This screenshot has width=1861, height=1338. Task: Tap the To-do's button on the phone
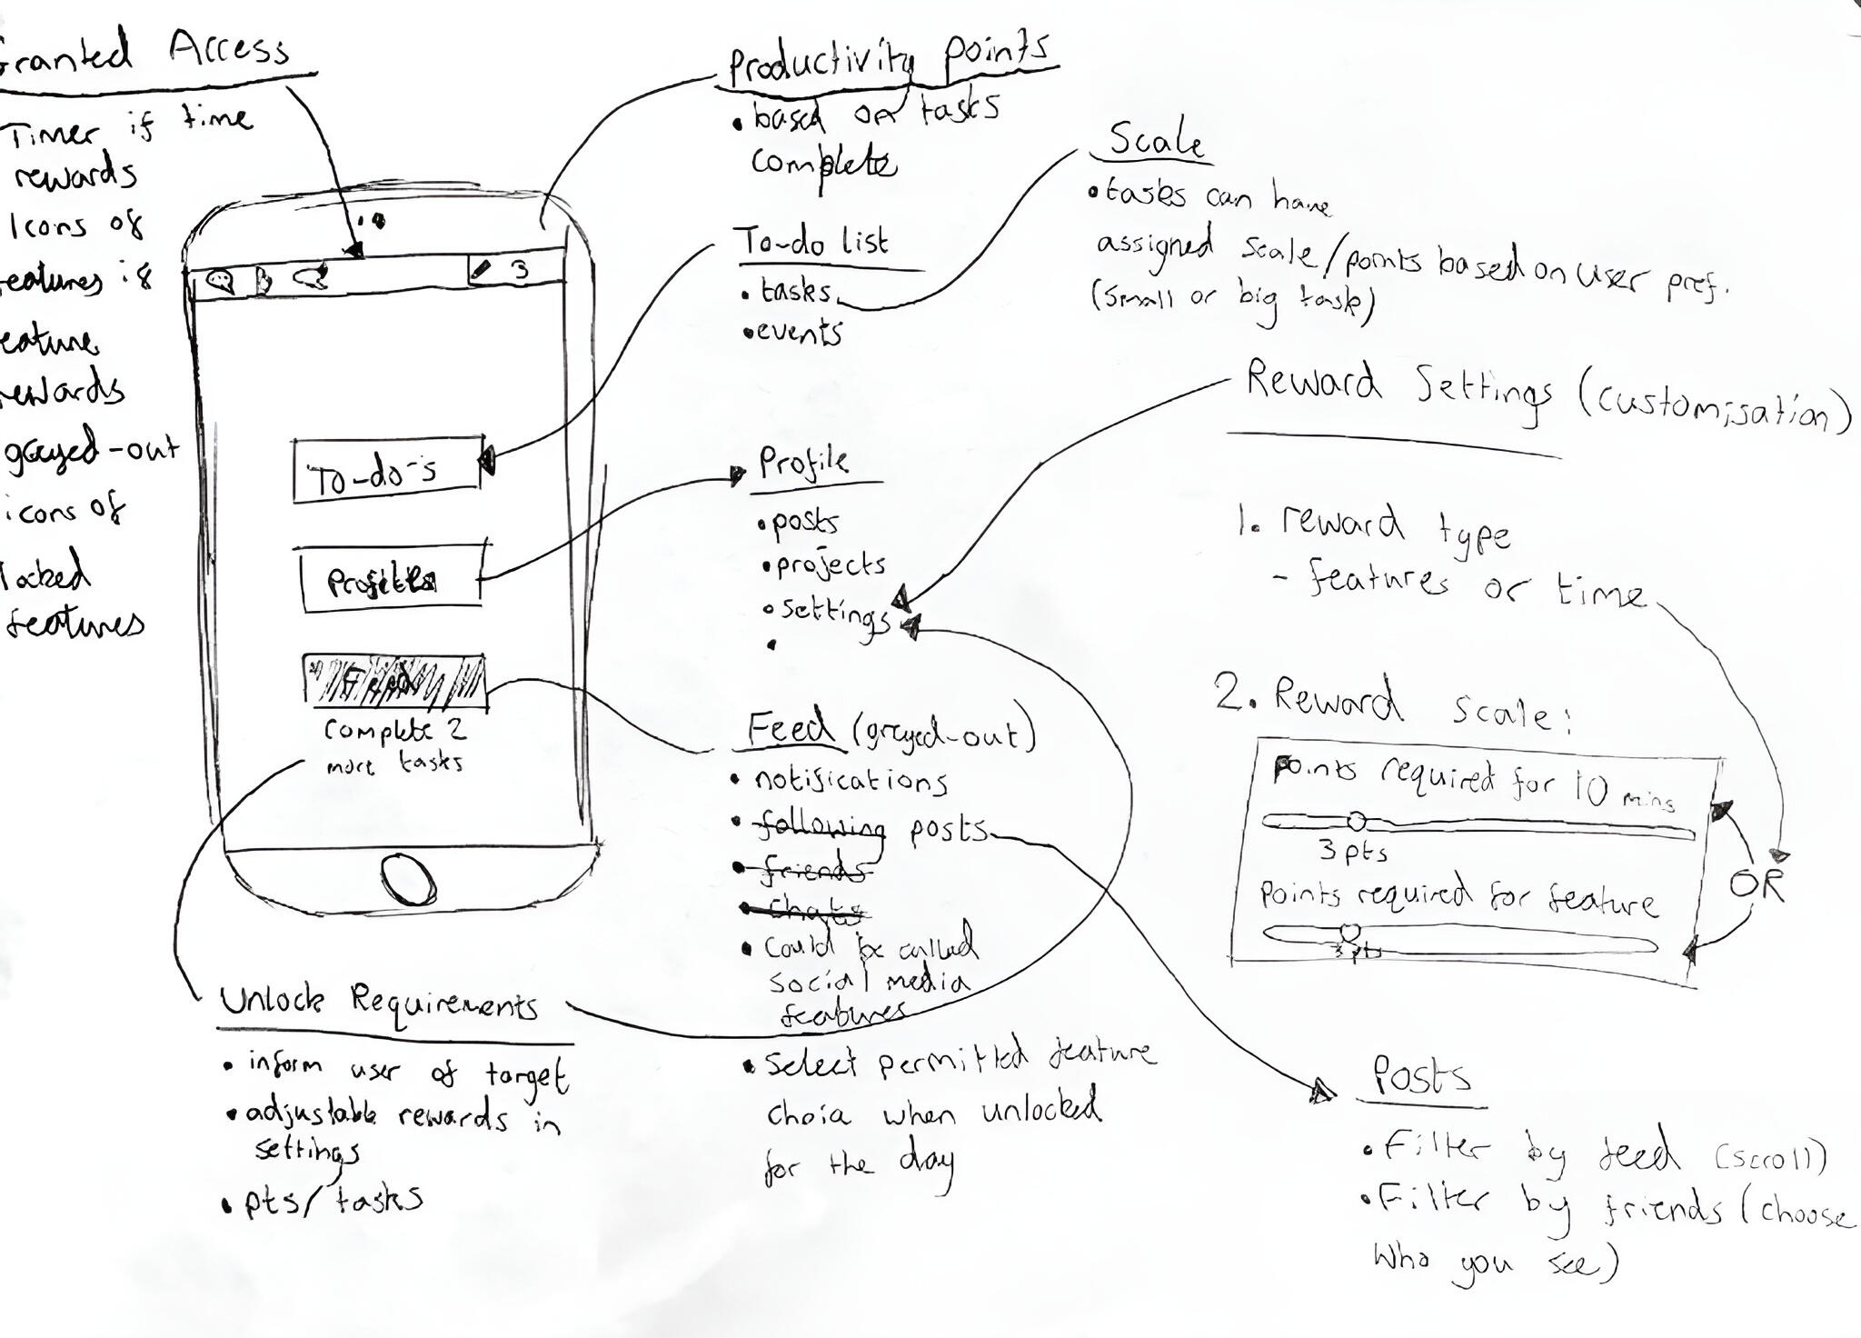click(387, 470)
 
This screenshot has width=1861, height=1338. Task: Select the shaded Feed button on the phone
click(394, 682)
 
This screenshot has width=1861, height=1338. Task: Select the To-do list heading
click(811, 242)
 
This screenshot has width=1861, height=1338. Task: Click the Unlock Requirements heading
click(379, 1003)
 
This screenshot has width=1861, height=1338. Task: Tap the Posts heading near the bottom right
click(1420, 1076)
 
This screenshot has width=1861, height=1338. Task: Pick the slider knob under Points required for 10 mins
click(1355, 822)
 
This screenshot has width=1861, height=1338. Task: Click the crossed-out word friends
click(811, 870)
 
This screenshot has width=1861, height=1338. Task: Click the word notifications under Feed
click(851, 780)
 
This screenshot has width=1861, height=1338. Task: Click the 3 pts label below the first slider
click(1353, 852)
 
